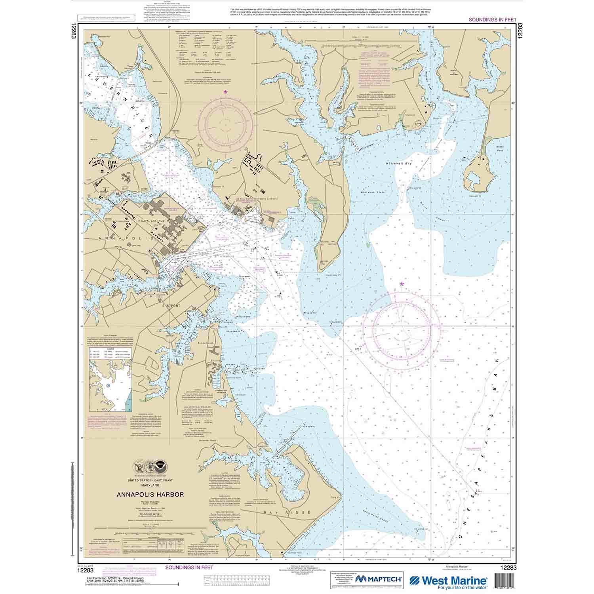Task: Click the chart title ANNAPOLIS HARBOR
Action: [150, 494]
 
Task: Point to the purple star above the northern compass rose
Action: [226, 92]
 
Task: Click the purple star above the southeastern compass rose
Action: [402, 284]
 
